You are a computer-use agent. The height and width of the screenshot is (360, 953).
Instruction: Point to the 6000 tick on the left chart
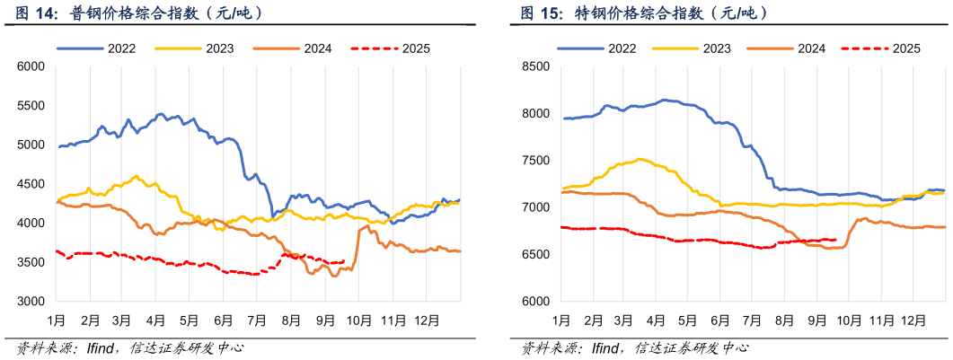click(x=31, y=66)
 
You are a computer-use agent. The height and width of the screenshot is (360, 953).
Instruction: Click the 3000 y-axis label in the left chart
click(x=31, y=302)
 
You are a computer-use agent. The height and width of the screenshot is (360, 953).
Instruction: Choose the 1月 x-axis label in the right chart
click(x=560, y=320)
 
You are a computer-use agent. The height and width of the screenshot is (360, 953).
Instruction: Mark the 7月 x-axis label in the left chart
click(x=257, y=320)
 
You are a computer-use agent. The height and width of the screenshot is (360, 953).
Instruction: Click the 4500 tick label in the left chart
click(x=31, y=184)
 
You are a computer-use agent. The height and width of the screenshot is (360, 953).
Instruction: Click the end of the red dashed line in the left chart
click(x=343, y=261)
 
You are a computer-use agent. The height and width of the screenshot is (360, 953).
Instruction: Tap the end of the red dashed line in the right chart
click(x=836, y=240)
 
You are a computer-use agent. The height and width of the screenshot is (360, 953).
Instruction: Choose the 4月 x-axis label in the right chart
click(x=657, y=320)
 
